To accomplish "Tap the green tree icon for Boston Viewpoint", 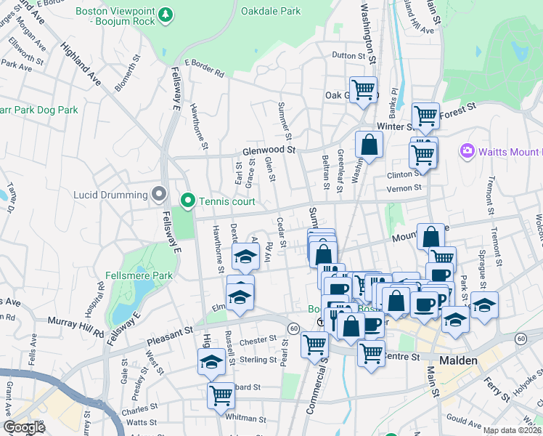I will (x=166, y=14).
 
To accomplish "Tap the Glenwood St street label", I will (x=269, y=150).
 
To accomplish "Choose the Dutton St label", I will (x=348, y=56).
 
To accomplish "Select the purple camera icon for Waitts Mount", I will (x=467, y=151).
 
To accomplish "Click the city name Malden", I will (x=458, y=360).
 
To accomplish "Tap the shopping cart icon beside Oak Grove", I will (x=363, y=89).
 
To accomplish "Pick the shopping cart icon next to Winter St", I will (x=425, y=115).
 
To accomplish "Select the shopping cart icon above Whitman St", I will (x=221, y=395).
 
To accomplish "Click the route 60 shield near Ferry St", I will (x=520, y=339).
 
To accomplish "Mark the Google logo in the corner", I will (x=24, y=427).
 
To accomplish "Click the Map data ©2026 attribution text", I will (x=513, y=430).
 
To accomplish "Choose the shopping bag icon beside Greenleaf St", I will (x=369, y=144).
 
